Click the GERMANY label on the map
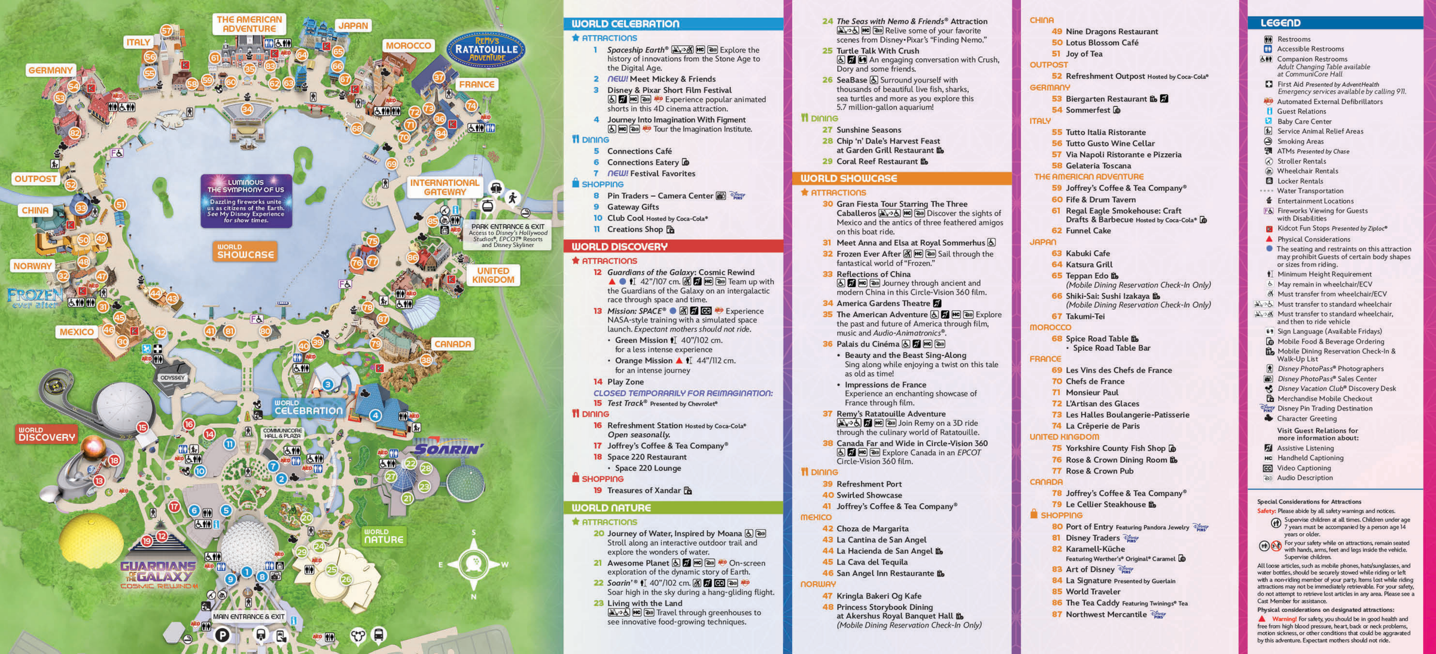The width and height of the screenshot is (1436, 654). [50, 70]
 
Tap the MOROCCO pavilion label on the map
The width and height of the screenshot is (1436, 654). [408, 45]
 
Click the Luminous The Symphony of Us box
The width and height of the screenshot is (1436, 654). [246, 200]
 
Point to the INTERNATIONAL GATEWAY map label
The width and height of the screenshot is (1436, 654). [445, 187]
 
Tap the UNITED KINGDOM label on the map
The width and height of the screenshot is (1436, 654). [493, 275]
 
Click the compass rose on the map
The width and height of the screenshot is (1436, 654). [473, 564]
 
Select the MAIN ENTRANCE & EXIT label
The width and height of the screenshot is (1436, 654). [248, 616]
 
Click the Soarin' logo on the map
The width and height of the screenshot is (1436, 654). [449, 449]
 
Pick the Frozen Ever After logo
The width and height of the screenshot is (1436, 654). [34, 297]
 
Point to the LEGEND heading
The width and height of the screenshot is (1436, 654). [1280, 23]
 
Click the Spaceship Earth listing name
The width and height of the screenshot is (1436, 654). [637, 50]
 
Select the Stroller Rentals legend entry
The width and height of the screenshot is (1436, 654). [1301, 161]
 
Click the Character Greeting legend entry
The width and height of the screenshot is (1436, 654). [1307, 419]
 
